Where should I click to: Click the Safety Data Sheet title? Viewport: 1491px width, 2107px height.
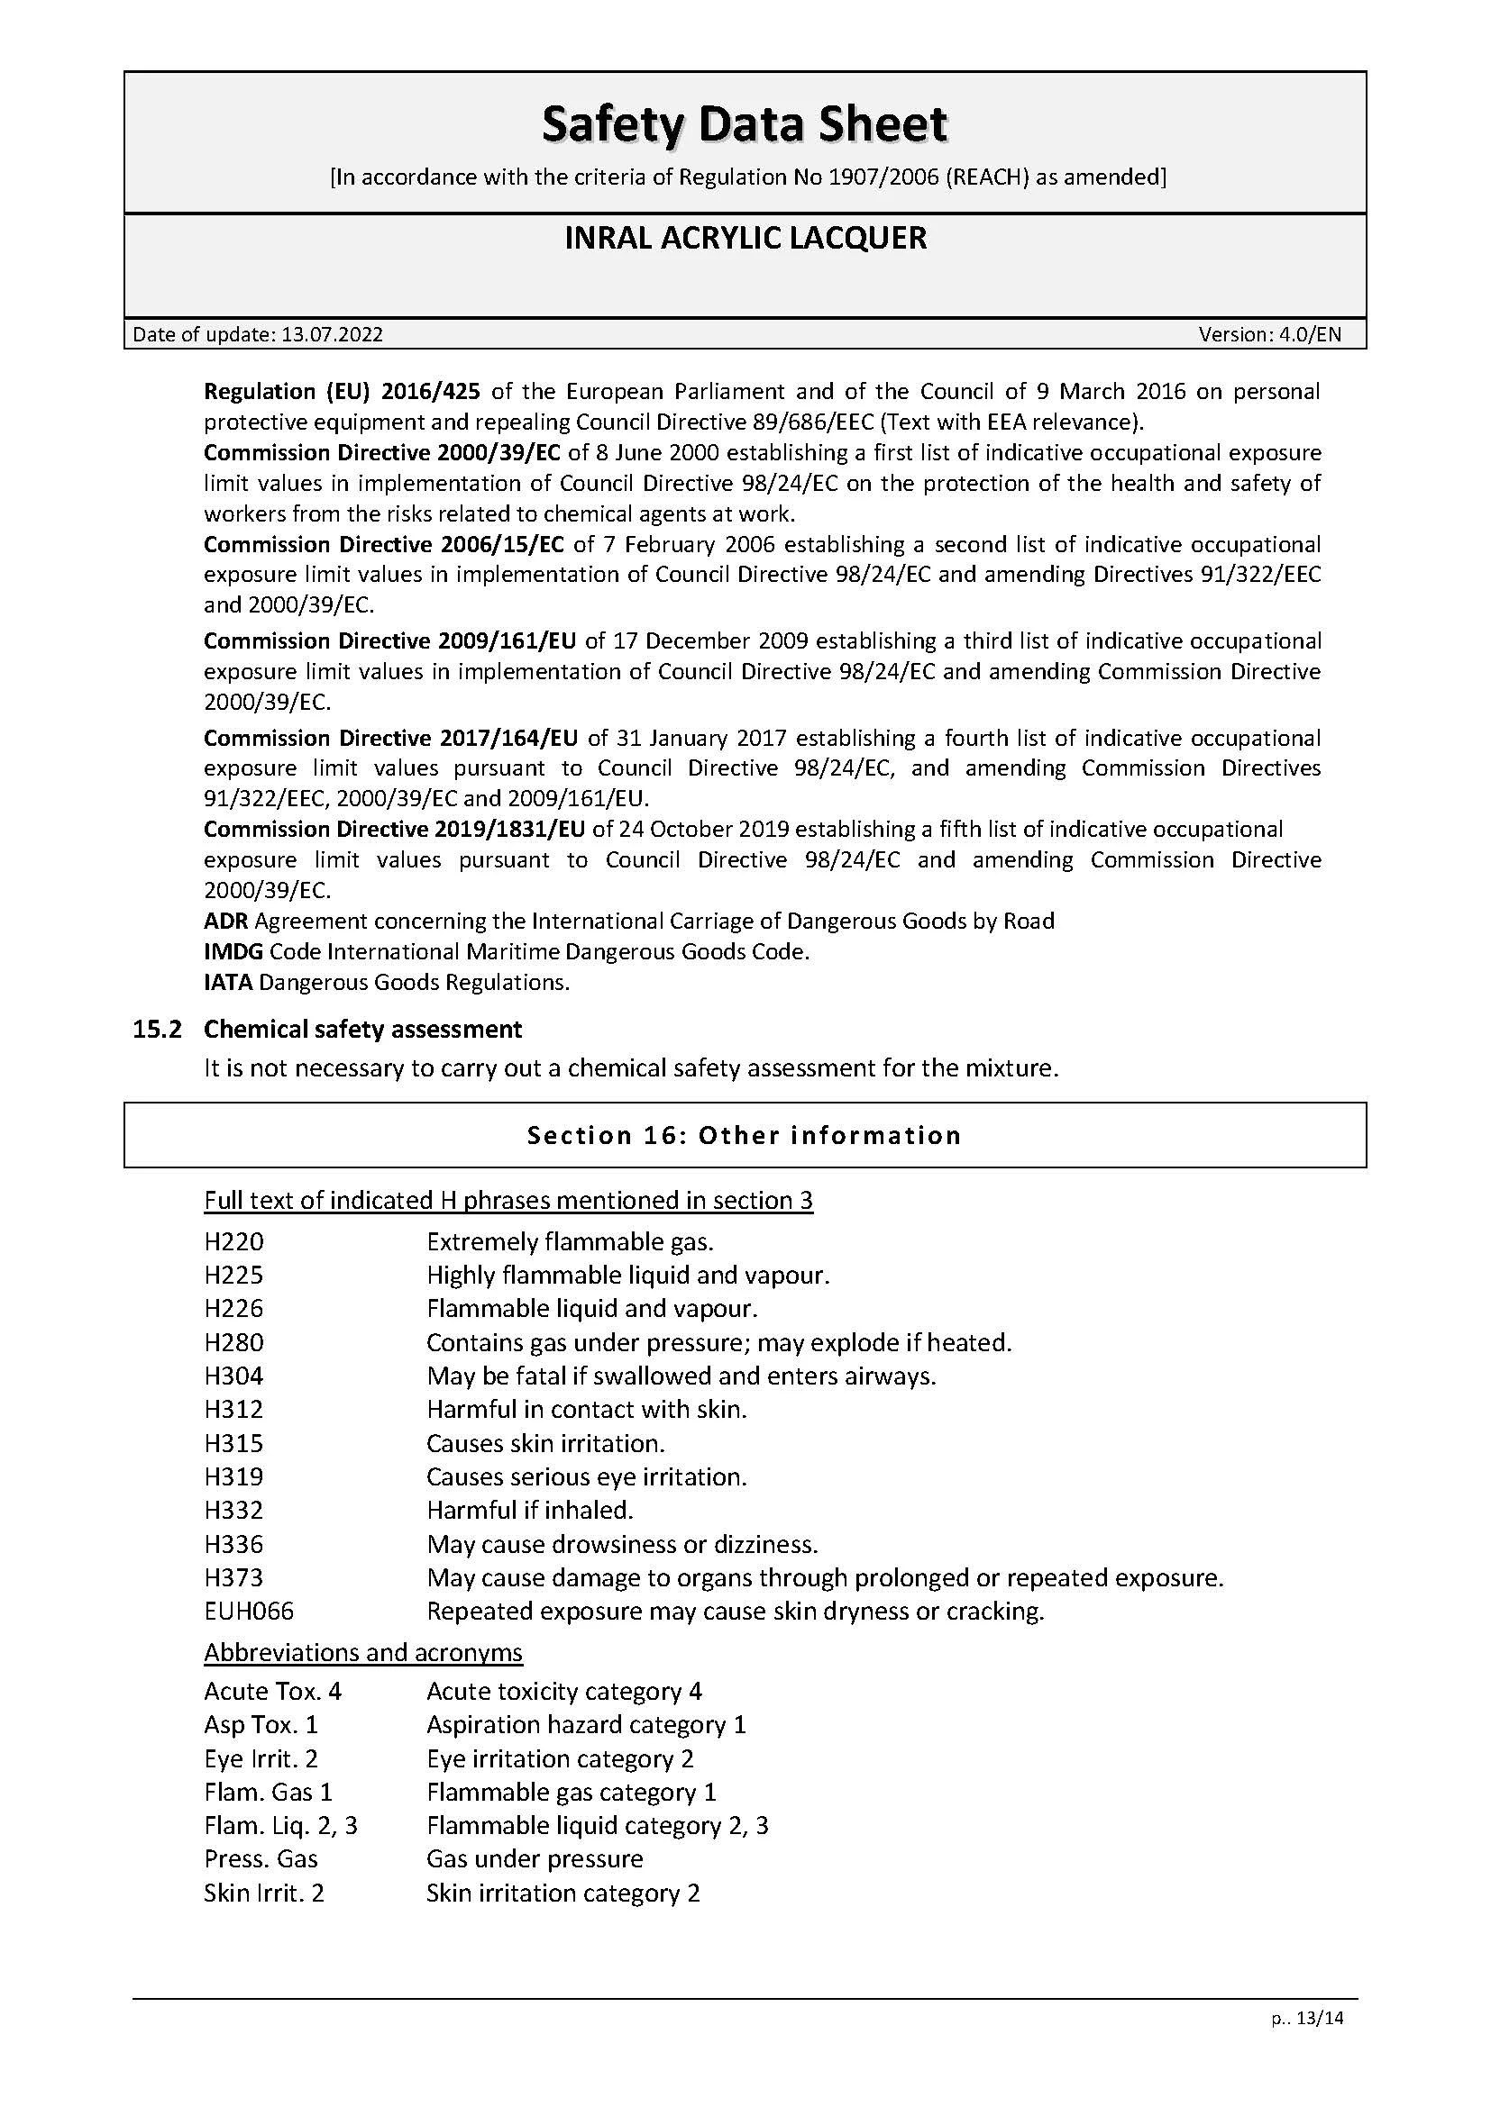point(745,125)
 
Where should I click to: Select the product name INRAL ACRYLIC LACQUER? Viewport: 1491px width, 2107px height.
point(745,238)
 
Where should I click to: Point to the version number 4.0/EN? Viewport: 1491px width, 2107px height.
point(1309,335)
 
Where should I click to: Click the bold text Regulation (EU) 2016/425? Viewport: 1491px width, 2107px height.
point(342,392)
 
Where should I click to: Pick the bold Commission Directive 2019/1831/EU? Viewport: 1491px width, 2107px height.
point(394,830)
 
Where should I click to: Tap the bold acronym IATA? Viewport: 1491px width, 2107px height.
point(229,983)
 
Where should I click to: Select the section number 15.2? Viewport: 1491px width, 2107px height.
point(158,1030)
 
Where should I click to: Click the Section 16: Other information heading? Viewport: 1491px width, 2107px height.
point(745,1136)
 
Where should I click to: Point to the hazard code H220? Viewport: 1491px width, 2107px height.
point(234,1242)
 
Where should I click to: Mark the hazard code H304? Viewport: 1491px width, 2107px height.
point(234,1376)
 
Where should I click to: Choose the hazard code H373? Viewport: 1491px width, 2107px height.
point(234,1578)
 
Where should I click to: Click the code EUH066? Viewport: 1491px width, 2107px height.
point(249,1612)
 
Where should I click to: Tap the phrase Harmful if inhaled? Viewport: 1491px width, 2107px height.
point(530,1511)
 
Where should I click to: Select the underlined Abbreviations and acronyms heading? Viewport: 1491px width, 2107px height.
point(362,1653)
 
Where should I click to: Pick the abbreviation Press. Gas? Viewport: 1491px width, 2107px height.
point(261,1859)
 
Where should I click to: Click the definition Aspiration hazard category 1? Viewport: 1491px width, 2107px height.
point(586,1725)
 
